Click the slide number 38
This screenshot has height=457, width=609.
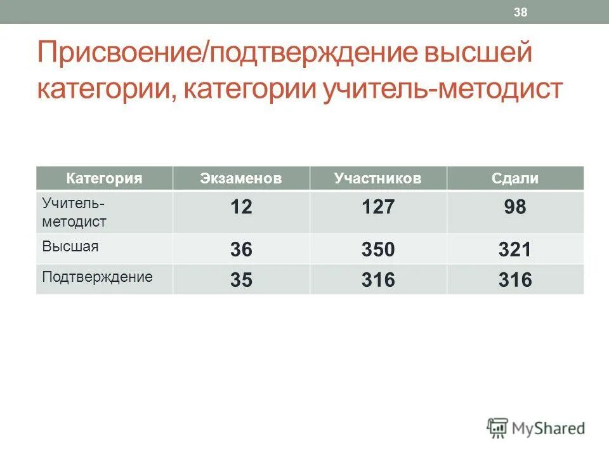tap(521, 13)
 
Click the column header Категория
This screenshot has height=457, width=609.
tap(104, 178)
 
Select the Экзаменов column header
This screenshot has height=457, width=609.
tap(240, 178)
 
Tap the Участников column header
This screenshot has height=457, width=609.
tap(377, 178)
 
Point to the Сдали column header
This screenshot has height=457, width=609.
tap(514, 178)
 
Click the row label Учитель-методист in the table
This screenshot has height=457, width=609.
tap(74, 213)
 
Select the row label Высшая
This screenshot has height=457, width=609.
tap(70, 246)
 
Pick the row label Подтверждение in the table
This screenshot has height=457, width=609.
tap(97, 277)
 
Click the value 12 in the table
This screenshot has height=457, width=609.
tap(241, 207)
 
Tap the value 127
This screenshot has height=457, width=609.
tap(378, 207)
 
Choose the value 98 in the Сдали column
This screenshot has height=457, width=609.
tap(514, 207)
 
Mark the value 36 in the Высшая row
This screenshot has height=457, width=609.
tap(241, 249)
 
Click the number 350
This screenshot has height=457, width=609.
tap(378, 249)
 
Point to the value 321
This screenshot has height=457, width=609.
tap(514, 249)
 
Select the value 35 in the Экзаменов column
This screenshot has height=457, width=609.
tap(241, 280)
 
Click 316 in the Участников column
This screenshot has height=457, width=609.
tap(378, 280)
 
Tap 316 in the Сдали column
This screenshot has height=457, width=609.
tap(514, 280)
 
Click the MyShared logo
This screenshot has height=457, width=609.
tap(536, 428)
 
